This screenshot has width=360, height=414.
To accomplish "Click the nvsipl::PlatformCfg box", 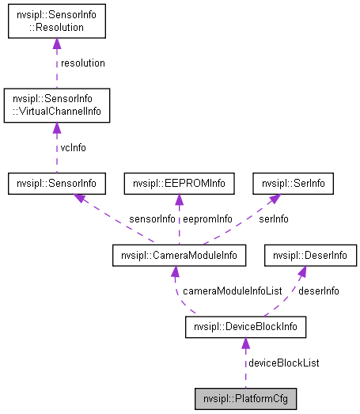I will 245,397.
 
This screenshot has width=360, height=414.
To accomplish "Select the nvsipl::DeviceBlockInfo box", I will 245,326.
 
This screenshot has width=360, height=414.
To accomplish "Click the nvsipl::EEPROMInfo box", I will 180,184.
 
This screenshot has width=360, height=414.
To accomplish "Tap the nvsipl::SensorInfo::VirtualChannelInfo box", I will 56,107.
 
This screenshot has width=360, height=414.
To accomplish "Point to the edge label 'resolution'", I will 83,63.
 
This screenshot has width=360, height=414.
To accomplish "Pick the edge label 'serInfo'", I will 274,218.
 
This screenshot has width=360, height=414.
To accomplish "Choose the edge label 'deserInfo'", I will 319,291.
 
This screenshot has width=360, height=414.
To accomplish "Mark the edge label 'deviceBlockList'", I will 284,362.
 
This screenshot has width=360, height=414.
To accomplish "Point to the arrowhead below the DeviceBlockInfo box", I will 245,344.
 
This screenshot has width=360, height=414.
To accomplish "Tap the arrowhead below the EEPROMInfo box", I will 180,200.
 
